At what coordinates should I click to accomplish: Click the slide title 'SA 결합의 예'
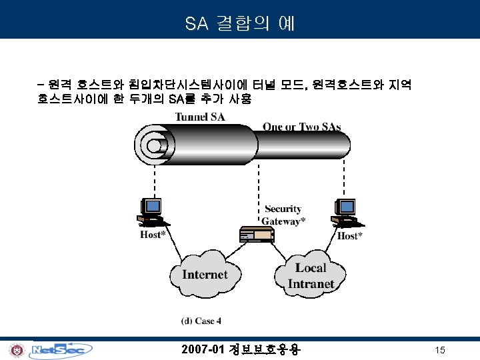239,25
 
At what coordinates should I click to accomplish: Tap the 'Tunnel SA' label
200,117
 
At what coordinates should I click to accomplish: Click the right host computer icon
346,212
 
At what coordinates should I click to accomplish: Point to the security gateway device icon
257,234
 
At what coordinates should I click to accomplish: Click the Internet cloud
204,275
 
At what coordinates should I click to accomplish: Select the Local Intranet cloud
310,275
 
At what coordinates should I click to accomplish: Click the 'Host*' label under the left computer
153,235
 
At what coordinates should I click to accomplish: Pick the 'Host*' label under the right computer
350,236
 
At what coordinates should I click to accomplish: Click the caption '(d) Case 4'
201,321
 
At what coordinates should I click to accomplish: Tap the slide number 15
439,350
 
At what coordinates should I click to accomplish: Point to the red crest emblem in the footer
15,350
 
